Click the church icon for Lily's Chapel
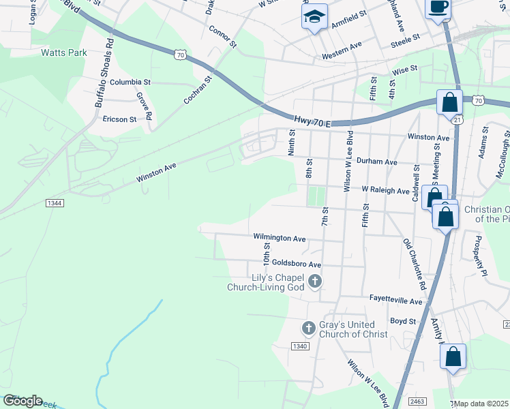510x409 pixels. point(314,280)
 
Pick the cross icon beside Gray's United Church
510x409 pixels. point(308,329)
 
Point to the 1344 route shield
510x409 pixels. point(56,203)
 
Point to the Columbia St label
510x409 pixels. point(130,82)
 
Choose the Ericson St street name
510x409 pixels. point(120,119)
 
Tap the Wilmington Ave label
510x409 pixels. point(279,239)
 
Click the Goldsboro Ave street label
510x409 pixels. point(296,264)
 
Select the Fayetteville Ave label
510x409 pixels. point(397,301)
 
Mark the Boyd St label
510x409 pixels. point(403,320)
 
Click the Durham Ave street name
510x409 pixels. point(377,162)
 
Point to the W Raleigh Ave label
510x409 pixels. point(385,191)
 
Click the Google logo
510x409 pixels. point(22,401)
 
